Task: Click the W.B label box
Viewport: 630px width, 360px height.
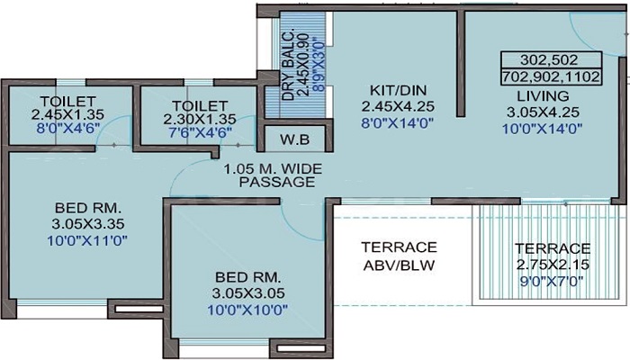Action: point(295,139)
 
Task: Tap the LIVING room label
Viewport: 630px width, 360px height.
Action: point(543,96)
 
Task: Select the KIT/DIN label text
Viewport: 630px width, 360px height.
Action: point(398,90)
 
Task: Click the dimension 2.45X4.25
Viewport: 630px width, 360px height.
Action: point(398,106)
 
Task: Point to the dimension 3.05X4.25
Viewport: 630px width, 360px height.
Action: point(543,112)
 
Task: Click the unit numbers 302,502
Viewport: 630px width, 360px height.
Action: point(549,60)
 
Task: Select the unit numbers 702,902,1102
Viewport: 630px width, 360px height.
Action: point(551,76)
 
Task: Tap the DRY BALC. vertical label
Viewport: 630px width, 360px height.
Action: point(288,64)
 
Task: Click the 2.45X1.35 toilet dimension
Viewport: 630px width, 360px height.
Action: point(67,114)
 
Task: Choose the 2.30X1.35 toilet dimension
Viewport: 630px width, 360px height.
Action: point(200,120)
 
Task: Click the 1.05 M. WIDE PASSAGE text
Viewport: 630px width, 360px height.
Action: point(274,175)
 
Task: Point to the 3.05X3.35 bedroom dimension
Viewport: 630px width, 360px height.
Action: point(87,223)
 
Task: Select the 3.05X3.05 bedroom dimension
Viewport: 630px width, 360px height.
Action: point(247,292)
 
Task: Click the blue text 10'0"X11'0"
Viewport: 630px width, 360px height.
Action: point(87,240)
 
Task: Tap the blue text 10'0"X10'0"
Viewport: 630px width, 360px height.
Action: point(247,310)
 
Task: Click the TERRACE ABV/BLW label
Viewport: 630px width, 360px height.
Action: point(399,256)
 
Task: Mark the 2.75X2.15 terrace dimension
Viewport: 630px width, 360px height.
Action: point(553,265)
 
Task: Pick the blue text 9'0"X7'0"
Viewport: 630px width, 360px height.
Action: point(551,281)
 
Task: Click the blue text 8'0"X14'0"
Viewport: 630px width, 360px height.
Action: point(398,123)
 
